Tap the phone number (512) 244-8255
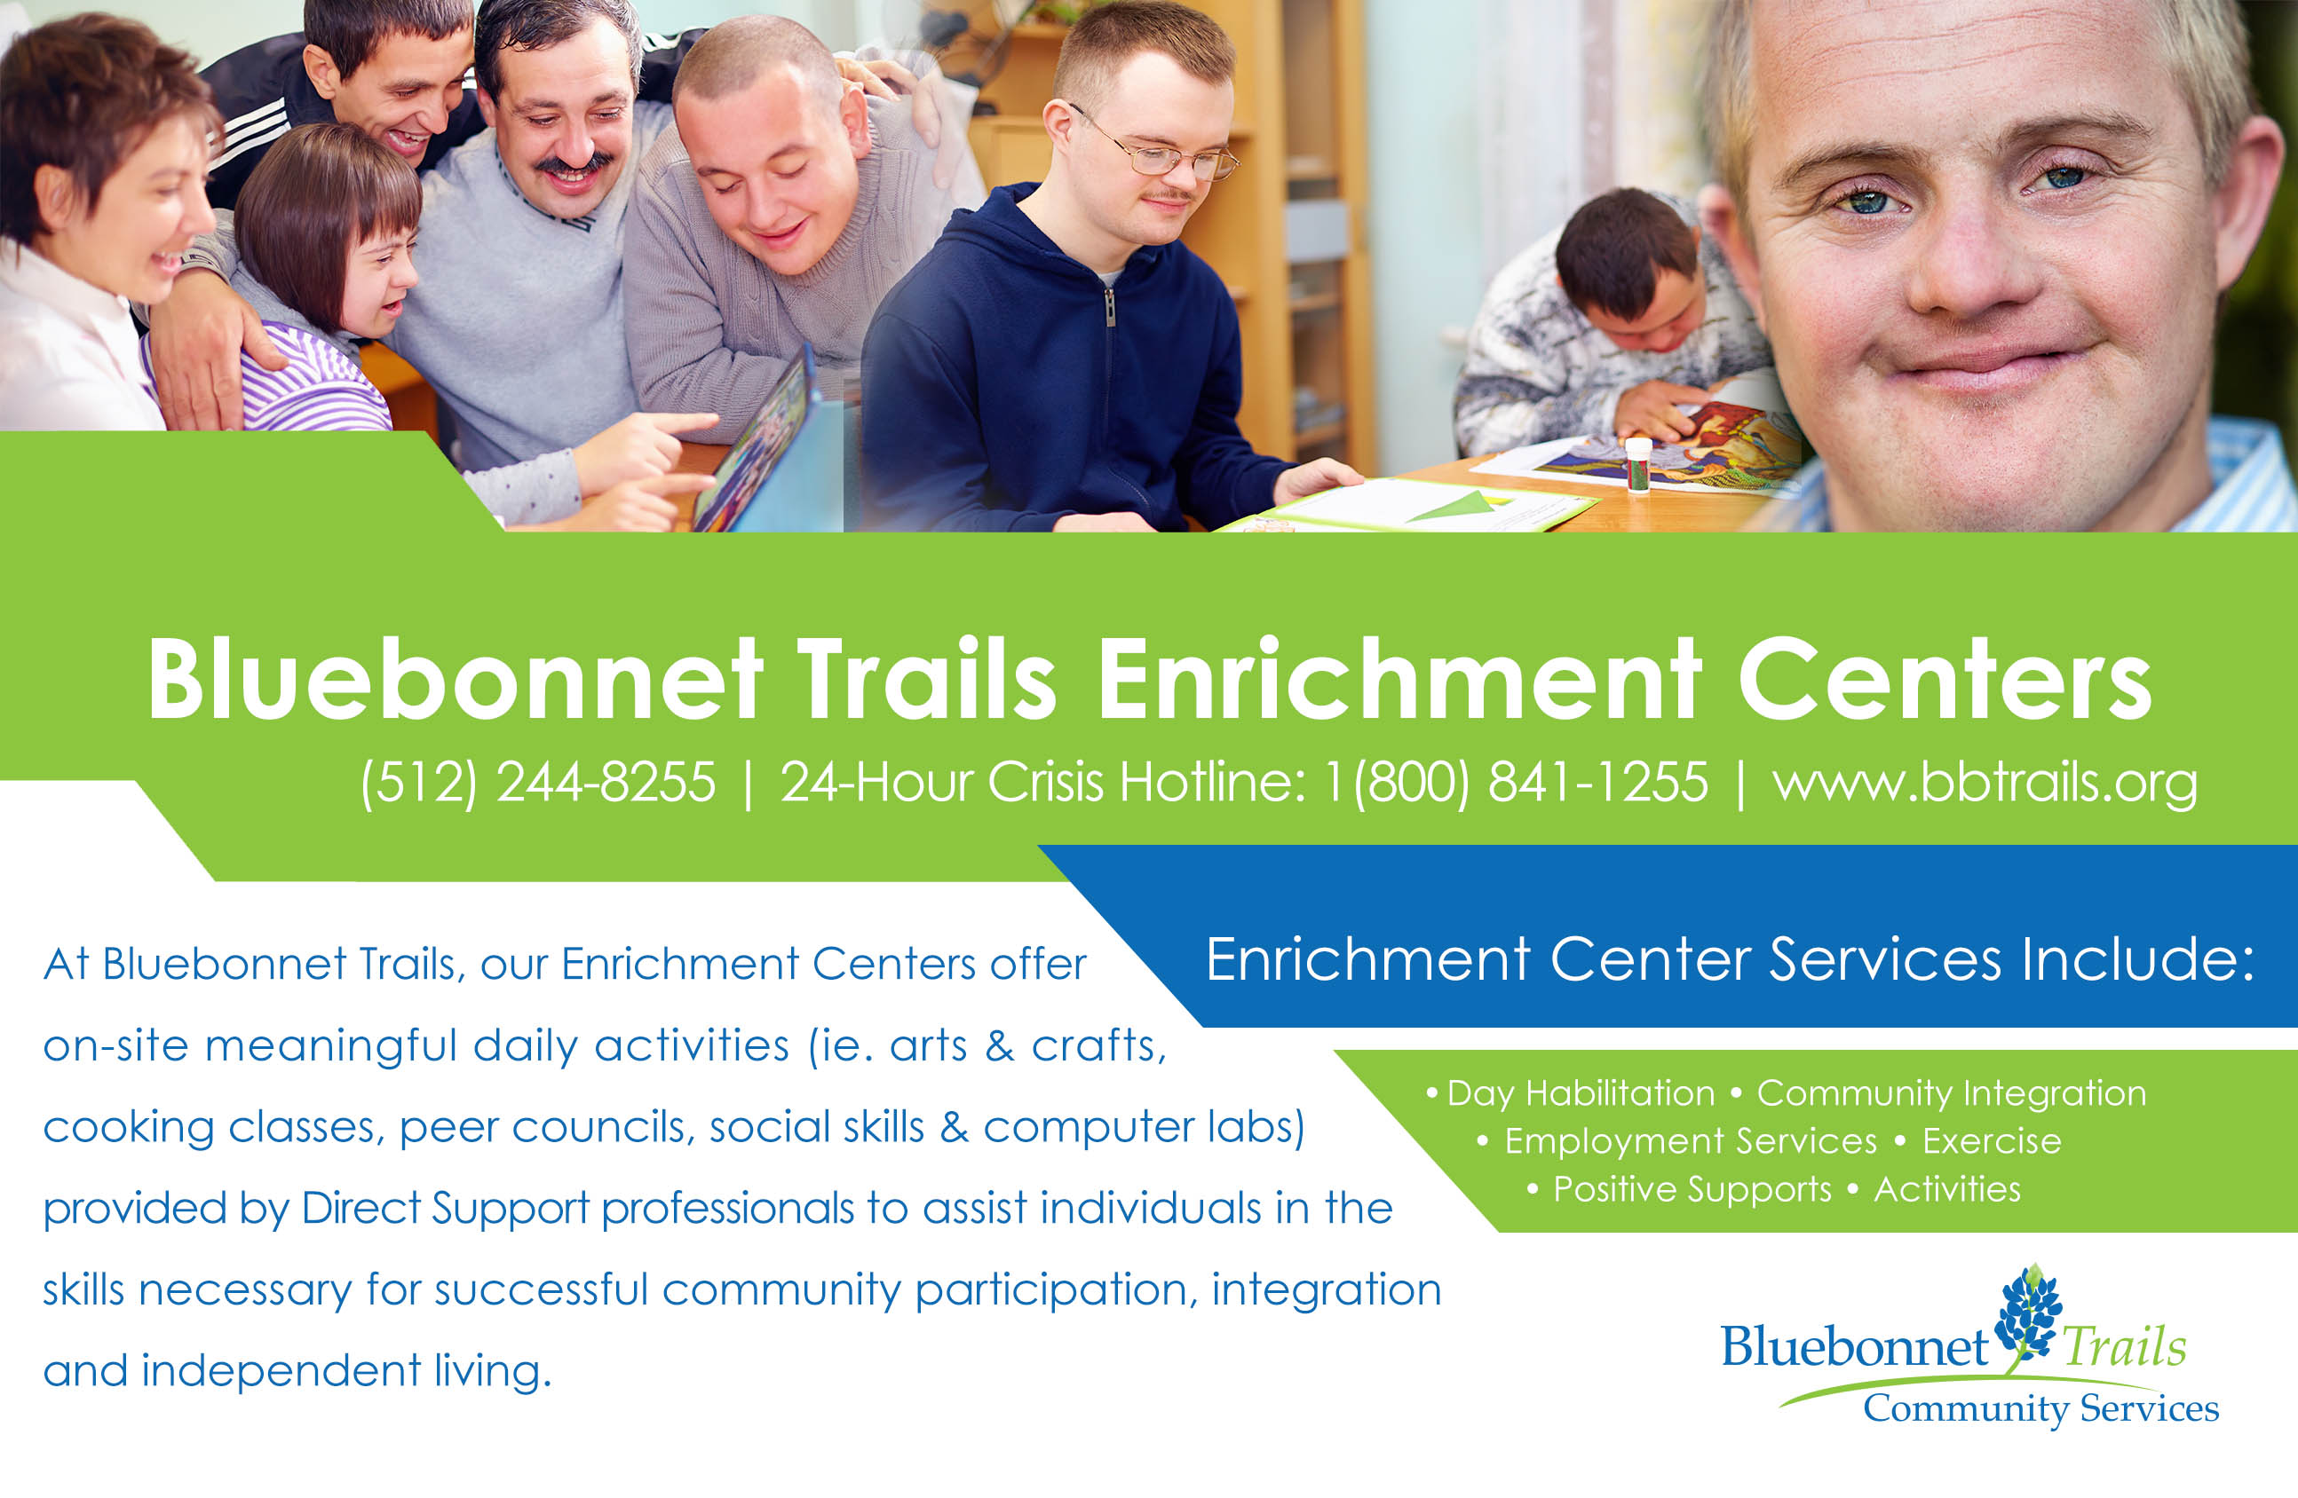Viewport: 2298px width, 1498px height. [538, 782]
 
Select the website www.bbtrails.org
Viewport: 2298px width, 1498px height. [1985, 782]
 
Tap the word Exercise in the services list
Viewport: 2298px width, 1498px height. [1991, 1141]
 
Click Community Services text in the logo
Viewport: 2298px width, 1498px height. [2040, 1408]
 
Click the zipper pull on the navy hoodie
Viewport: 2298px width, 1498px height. [1111, 309]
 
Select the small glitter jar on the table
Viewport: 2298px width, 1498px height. [1638, 464]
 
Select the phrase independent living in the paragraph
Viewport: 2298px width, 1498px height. [346, 1370]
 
